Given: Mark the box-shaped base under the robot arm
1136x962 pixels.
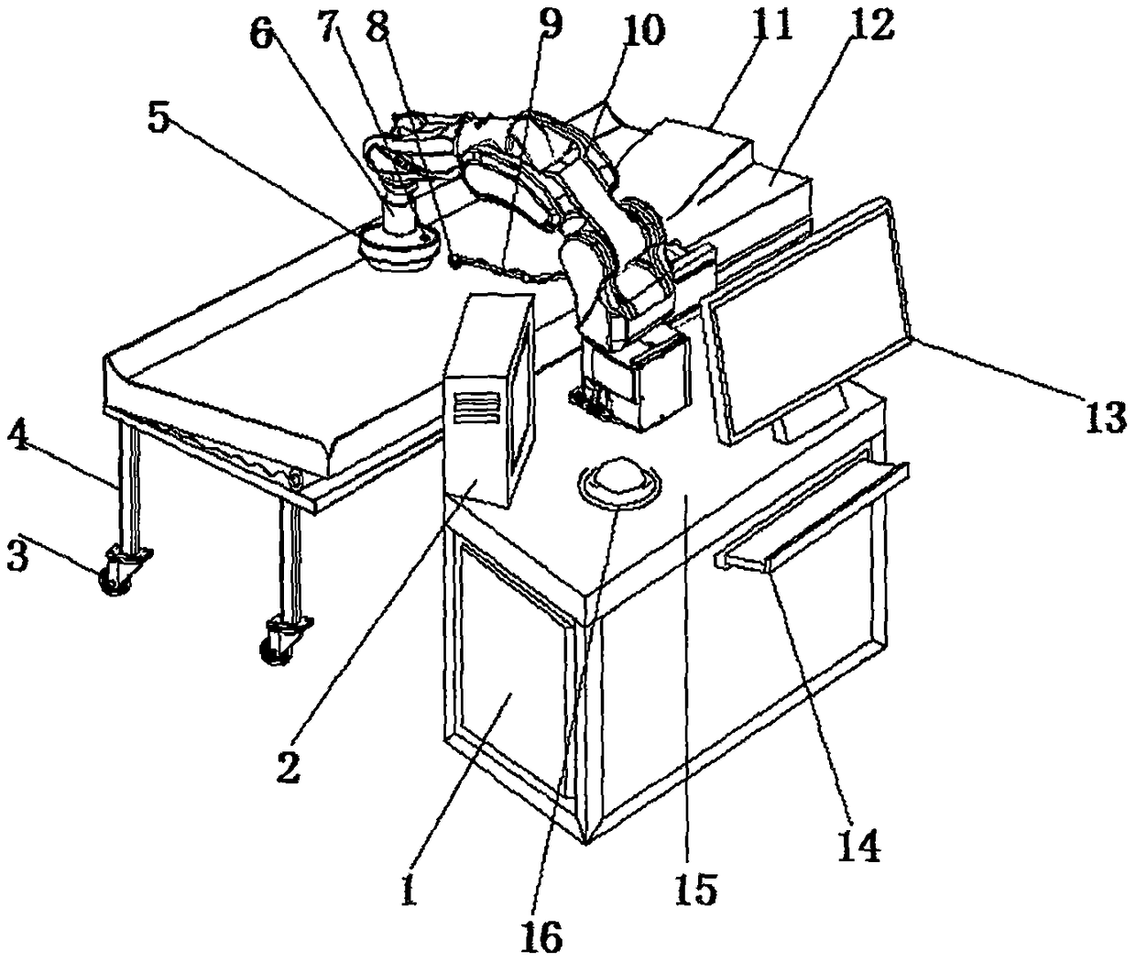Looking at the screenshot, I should [637, 376].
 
